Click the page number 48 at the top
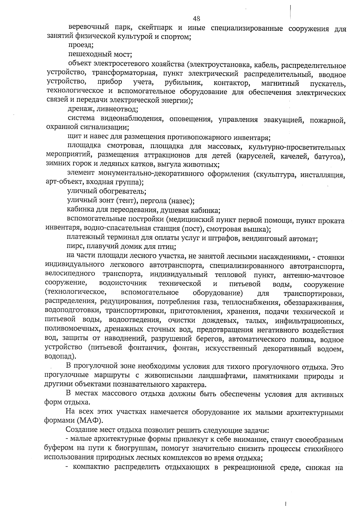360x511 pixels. pos(196,19)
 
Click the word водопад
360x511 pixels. pos(58,357)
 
